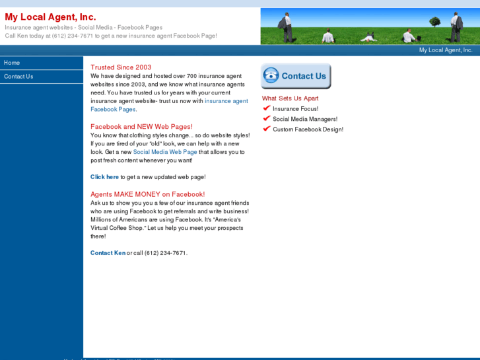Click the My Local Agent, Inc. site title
click(x=50, y=17)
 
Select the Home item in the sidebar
click(x=12, y=63)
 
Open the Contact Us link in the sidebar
click(x=18, y=77)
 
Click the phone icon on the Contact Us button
click(x=271, y=76)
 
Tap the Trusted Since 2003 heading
click(x=121, y=67)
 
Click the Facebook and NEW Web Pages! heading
click(x=141, y=127)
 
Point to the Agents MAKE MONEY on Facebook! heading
click(x=147, y=194)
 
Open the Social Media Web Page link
click(x=165, y=152)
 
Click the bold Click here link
click(x=105, y=177)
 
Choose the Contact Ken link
click(x=108, y=253)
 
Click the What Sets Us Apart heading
click(x=290, y=98)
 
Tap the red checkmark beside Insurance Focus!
click(x=267, y=108)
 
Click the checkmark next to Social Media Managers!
click(x=267, y=119)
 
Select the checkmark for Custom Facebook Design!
click(x=267, y=129)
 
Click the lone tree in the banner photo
click(x=434, y=22)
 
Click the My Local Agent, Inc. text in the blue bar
click(x=446, y=50)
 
